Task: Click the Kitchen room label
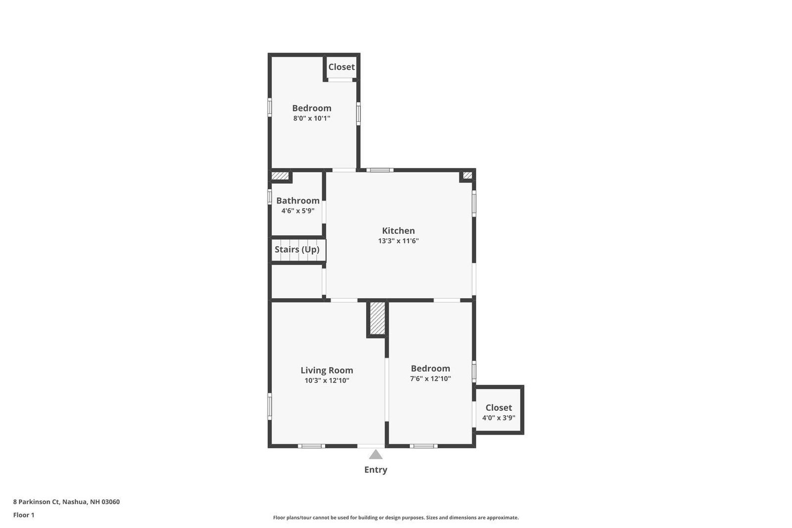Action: click(x=398, y=231)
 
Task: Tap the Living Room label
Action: click(x=327, y=370)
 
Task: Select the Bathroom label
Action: click(x=297, y=201)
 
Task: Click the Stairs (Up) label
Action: click(x=297, y=250)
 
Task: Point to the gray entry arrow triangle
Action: click(x=376, y=455)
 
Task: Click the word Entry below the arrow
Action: click(x=376, y=470)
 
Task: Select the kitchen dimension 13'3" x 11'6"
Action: click(x=398, y=241)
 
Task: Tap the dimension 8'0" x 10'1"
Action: click(x=311, y=118)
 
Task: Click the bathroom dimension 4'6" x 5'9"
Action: click(x=297, y=211)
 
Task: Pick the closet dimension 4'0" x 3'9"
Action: click(x=498, y=418)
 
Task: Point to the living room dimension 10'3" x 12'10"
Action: click(x=327, y=380)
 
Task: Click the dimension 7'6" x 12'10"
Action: click(x=430, y=378)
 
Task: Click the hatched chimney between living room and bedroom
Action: click(x=377, y=318)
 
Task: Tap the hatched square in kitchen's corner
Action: click(x=467, y=175)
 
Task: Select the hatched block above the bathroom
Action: click(x=280, y=175)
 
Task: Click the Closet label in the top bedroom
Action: click(x=341, y=67)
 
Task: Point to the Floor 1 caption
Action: click(x=24, y=515)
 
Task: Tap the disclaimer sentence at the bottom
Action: click(x=396, y=518)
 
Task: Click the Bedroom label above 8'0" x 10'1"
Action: click(x=311, y=108)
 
